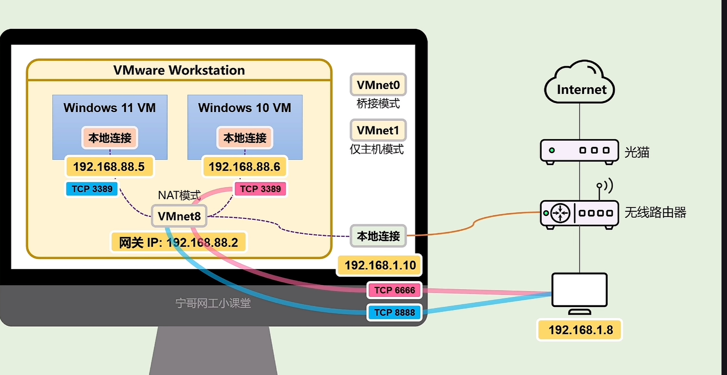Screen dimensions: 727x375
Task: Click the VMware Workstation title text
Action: tap(179, 70)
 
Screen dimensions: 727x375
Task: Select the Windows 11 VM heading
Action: tap(109, 108)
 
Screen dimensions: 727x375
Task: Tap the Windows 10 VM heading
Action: tap(244, 108)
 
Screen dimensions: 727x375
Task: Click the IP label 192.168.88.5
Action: tap(109, 167)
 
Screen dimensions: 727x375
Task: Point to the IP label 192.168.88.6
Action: tap(244, 167)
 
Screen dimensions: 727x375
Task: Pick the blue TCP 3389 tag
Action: tap(92, 189)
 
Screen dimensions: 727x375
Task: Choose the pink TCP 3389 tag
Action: tap(260, 189)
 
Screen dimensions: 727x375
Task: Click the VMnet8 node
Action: tap(179, 216)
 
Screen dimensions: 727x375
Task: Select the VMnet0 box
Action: tap(378, 85)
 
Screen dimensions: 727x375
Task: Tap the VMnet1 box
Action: tap(378, 131)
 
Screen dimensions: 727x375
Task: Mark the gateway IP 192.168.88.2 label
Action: tap(178, 243)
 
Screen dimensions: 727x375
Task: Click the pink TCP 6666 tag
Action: tap(395, 290)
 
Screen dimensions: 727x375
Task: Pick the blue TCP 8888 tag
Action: tap(395, 312)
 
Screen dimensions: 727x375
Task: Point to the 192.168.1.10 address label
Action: tap(380, 265)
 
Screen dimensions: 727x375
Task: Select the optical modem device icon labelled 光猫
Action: tap(579, 151)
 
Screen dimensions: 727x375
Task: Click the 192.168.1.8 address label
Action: tap(580, 330)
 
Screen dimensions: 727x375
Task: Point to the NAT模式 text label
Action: tap(179, 195)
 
